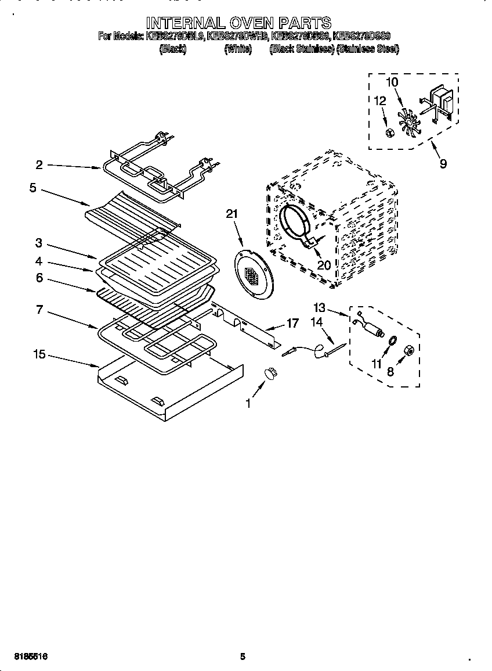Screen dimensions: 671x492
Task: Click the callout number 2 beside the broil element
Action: pos(39,165)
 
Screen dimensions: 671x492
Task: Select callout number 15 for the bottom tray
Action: pos(39,354)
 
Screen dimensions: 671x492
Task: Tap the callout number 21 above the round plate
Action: pos(232,214)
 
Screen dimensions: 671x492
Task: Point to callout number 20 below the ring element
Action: pos(323,265)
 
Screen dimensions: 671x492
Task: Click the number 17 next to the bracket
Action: pos(292,323)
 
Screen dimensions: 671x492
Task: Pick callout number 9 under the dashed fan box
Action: pos(443,164)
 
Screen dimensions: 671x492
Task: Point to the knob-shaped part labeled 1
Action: pos(270,373)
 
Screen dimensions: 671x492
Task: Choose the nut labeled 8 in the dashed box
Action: pos(408,350)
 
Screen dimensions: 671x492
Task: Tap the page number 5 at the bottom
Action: pos(243,656)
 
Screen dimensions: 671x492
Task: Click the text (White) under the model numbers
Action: pos(238,50)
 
